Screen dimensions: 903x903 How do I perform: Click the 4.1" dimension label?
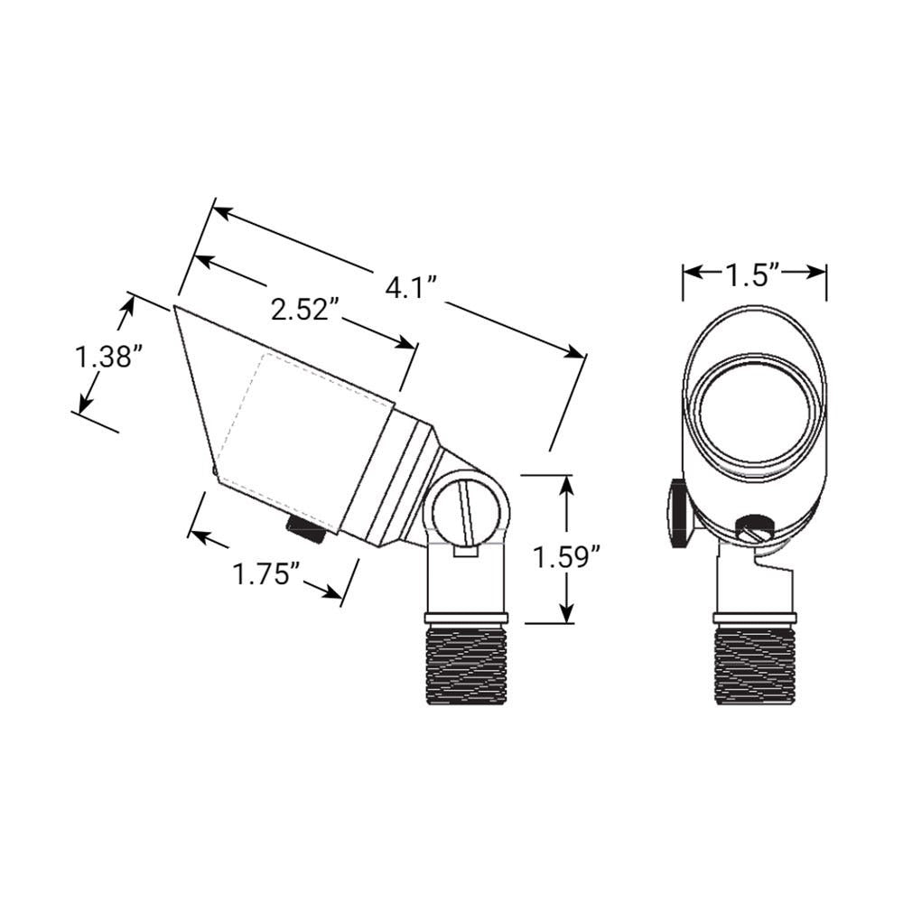pos(412,286)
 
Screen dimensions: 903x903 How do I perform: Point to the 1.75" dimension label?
pos(266,574)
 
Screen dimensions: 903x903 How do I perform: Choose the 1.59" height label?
pos(567,557)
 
